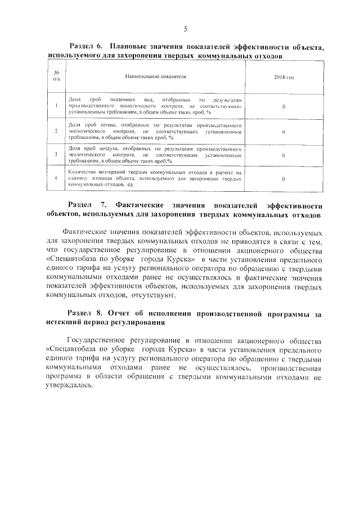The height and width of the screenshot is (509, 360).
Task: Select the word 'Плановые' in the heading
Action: click(128, 48)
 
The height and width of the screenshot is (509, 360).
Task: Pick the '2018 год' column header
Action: click(283, 75)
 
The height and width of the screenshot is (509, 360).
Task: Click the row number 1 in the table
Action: click(56, 105)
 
